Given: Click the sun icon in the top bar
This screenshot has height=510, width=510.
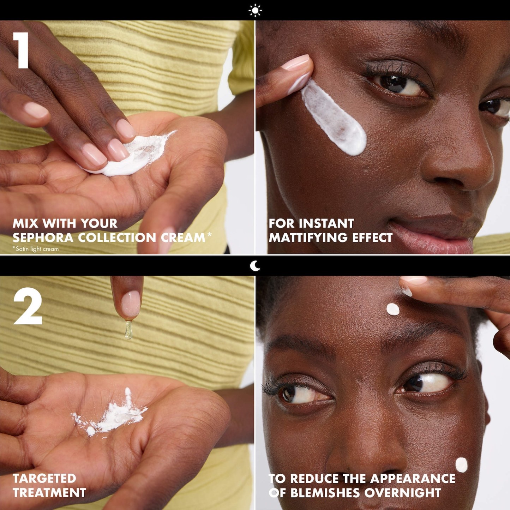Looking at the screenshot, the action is click(255, 10).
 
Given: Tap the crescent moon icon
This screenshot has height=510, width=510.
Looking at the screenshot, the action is click(255, 266).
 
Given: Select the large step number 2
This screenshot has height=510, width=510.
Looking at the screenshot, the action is click(28, 308).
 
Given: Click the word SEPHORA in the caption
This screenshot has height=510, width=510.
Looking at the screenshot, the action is click(43, 238).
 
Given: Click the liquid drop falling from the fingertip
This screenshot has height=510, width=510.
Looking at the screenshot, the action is click(128, 330).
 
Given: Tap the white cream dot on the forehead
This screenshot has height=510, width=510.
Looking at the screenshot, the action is click(393, 310).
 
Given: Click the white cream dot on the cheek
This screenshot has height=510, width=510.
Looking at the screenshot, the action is click(461, 465).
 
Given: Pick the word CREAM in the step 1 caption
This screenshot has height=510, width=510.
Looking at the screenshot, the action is click(182, 238).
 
